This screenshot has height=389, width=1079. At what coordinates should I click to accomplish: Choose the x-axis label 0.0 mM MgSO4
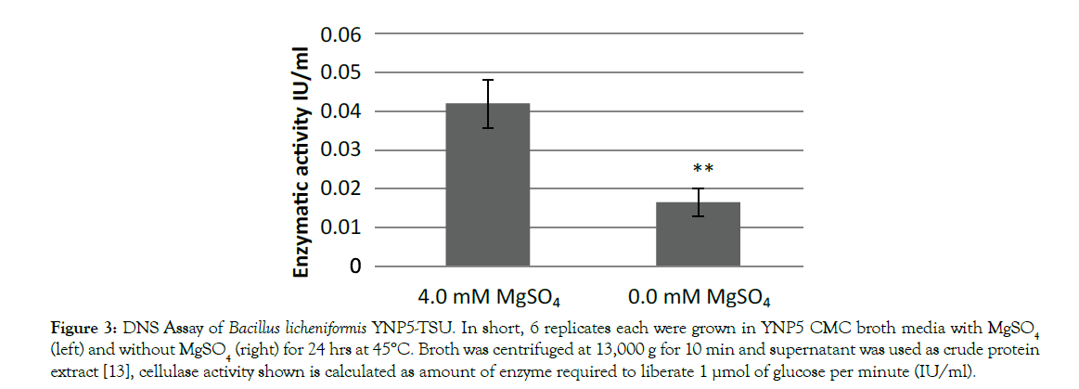[x=699, y=298]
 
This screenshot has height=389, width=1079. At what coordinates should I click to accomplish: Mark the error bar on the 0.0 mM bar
[x=698, y=202]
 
